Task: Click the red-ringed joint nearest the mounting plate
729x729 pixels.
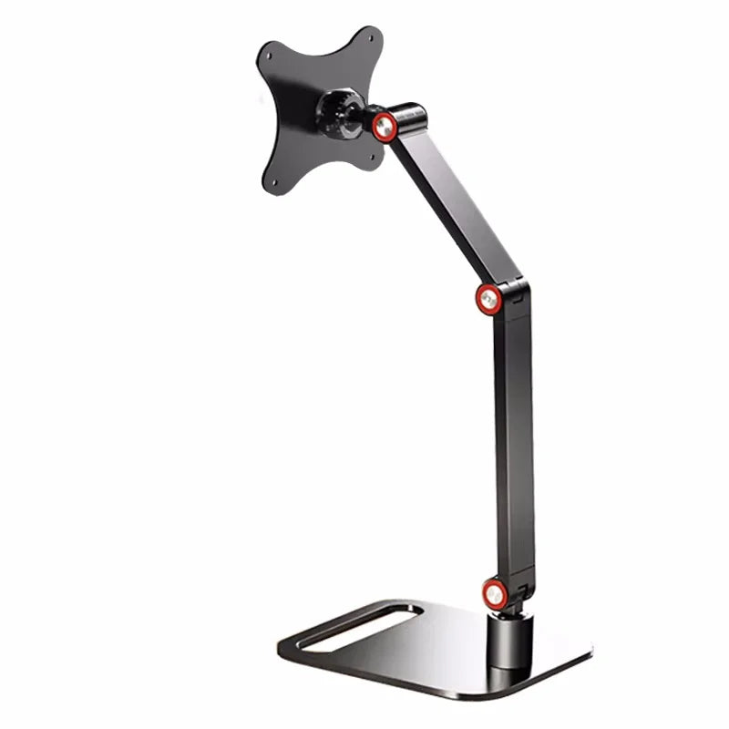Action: (x=383, y=125)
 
